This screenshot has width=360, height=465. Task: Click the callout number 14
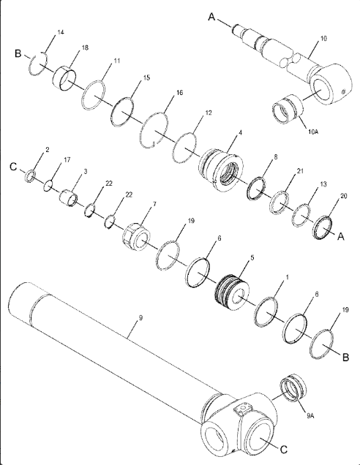61,32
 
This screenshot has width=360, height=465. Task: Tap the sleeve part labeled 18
64,78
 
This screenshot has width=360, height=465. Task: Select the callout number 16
179,93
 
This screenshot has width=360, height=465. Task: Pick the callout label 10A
313,132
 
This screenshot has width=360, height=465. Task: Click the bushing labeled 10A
288,108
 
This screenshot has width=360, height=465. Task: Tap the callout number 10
323,39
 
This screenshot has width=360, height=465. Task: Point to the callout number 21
300,171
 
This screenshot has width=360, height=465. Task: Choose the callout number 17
67,160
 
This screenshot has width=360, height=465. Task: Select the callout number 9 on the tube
140,317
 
